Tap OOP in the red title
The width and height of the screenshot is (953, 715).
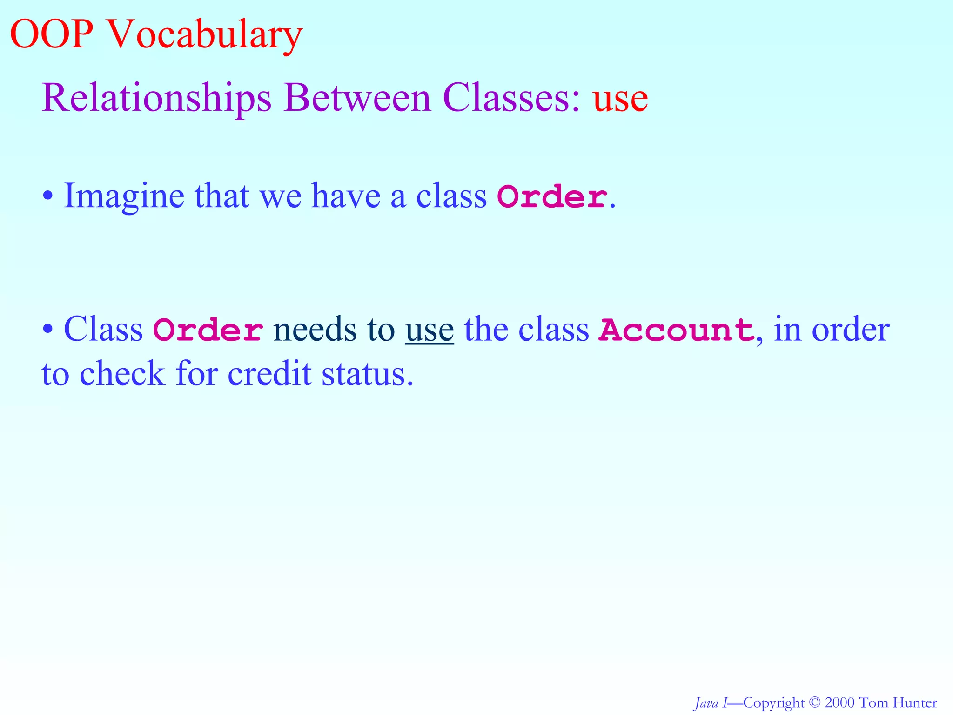click(x=51, y=34)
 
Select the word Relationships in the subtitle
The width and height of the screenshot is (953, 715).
click(x=156, y=99)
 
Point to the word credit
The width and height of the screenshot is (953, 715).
click(x=269, y=373)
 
